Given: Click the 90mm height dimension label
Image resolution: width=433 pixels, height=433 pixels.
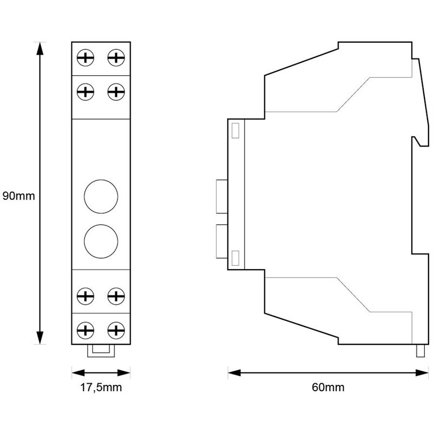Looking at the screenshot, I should click(x=18, y=196).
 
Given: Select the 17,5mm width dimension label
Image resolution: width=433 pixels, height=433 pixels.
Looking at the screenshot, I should click(x=101, y=388).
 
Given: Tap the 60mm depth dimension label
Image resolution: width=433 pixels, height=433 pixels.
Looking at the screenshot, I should click(x=328, y=388).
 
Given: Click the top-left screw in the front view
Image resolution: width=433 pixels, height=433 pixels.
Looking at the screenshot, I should click(x=86, y=57).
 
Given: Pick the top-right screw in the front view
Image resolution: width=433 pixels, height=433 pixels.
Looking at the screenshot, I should click(x=115, y=57).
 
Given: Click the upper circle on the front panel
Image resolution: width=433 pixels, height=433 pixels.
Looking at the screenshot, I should click(x=101, y=195).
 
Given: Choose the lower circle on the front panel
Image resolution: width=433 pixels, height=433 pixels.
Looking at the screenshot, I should click(x=101, y=238).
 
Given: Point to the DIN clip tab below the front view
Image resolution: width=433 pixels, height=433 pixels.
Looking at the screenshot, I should click(x=101, y=350).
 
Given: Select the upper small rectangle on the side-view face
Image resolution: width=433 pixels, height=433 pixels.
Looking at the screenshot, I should click(x=235, y=130).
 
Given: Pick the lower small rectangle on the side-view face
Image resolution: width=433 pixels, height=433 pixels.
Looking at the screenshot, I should click(x=235, y=257).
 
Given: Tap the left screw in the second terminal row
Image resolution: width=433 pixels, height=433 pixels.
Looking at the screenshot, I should click(x=86, y=91).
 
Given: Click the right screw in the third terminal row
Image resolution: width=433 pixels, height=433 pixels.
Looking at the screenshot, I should click(x=115, y=296).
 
